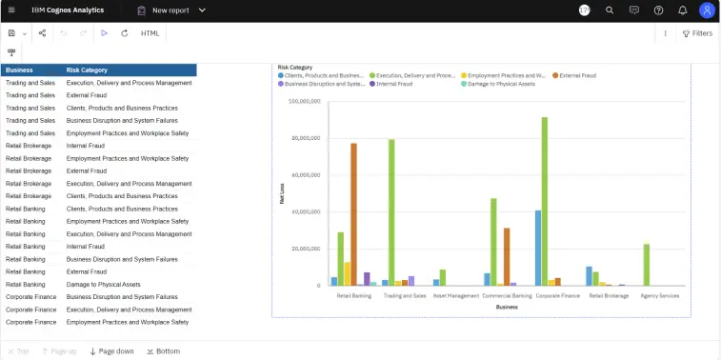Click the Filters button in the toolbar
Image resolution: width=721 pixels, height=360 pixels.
click(x=696, y=33)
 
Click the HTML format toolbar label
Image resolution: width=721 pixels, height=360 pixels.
click(x=150, y=33)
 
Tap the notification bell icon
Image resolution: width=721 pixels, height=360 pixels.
click(x=683, y=10)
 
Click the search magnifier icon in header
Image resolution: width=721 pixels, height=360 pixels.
click(x=610, y=10)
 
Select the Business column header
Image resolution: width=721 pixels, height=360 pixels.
click(x=19, y=70)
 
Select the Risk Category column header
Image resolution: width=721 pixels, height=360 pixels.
click(x=87, y=70)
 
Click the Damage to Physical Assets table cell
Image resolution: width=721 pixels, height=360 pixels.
click(x=103, y=284)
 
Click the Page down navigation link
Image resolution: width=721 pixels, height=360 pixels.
click(x=111, y=351)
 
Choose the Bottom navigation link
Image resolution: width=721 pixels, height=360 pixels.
click(x=163, y=351)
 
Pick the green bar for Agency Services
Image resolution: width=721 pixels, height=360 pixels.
click(x=647, y=265)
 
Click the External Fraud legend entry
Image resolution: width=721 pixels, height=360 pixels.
click(x=577, y=75)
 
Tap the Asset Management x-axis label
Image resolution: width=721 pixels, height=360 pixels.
click(x=455, y=295)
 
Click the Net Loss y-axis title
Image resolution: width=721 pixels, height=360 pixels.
click(x=281, y=193)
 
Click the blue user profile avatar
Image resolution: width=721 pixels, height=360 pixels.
click(x=707, y=10)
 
